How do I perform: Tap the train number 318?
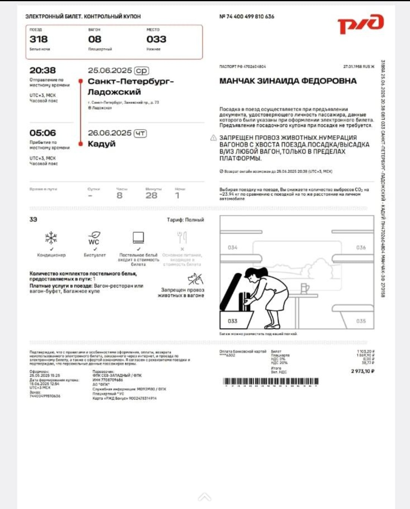tap(39, 39)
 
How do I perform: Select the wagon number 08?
tap(95, 39)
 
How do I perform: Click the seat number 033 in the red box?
tap(156, 39)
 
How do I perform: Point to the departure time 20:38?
tap(43, 70)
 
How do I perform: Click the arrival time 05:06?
tap(43, 133)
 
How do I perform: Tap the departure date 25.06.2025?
tap(110, 70)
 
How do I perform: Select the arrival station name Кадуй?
tap(101, 144)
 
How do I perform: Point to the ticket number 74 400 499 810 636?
tap(250, 17)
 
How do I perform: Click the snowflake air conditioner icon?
tap(51, 238)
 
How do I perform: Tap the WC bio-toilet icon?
tap(94, 238)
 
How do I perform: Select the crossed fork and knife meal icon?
tap(182, 238)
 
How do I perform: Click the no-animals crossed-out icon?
tap(196, 279)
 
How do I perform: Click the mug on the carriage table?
tap(304, 288)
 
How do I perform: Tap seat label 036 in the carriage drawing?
tap(361, 247)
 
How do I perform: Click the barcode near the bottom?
tap(271, 381)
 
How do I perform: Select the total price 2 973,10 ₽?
tap(363, 371)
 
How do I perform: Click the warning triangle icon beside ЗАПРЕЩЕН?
tap(213, 138)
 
